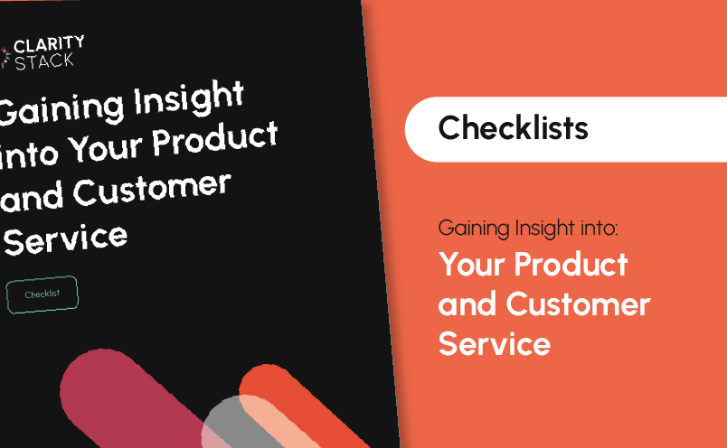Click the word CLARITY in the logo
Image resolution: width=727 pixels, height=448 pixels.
[x=49, y=44]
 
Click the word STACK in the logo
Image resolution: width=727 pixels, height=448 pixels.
[x=44, y=61]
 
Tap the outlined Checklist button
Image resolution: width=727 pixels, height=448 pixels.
[x=42, y=294]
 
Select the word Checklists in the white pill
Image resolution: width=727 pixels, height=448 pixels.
[x=514, y=128]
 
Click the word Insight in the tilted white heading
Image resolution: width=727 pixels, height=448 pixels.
[x=189, y=99]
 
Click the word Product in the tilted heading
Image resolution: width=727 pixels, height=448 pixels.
[x=214, y=137]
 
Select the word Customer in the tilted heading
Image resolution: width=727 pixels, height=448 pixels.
[x=152, y=190]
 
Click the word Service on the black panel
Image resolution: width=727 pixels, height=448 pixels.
[x=65, y=239]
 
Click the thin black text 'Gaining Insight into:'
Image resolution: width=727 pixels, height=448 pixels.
[x=528, y=228]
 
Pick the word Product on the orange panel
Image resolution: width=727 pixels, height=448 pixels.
[x=571, y=264]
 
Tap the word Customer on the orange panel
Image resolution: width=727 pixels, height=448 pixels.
[x=578, y=304]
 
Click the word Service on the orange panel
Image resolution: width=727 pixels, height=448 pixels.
[x=495, y=344]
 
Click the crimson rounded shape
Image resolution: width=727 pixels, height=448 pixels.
[x=125, y=397]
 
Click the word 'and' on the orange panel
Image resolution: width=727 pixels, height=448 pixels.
[x=467, y=305]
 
